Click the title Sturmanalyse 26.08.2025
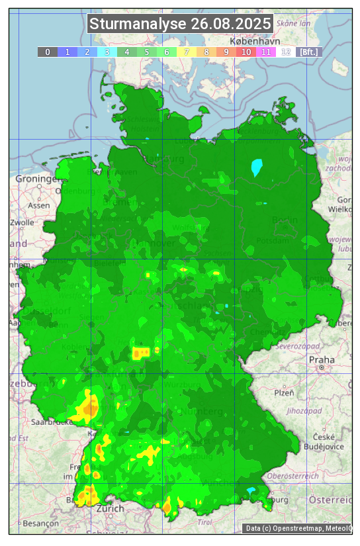(x=180, y=24)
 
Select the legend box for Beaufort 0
(x=47, y=52)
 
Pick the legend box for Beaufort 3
(x=107, y=52)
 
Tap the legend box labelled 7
(x=187, y=52)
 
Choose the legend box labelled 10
(x=246, y=52)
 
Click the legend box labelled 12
(x=286, y=52)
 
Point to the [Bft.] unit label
(x=309, y=52)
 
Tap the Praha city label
(x=322, y=360)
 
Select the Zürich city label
(x=110, y=508)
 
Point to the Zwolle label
(x=22, y=222)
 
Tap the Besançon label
(x=40, y=523)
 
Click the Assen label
(x=39, y=205)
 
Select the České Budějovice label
(x=328, y=441)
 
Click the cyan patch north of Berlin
(x=257, y=167)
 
